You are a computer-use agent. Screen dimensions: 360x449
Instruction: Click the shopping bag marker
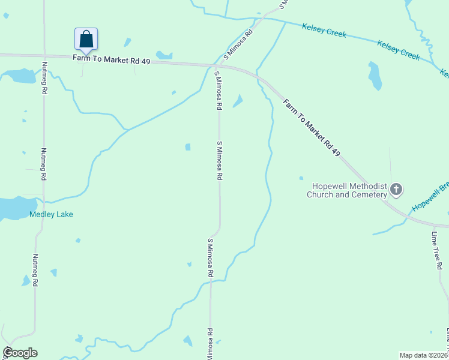(x=86, y=40)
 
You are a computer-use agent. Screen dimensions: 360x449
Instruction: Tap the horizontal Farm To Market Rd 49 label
(x=111, y=59)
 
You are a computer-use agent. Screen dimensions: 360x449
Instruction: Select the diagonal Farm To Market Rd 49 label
(x=312, y=128)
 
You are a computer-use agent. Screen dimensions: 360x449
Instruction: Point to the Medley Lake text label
(x=51, y=214)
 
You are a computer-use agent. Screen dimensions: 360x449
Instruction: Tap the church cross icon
(x=396, y=190)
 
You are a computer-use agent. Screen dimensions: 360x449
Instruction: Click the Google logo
(x=20, y=353)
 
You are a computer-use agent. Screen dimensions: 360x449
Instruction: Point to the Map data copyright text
(x=424, y=355)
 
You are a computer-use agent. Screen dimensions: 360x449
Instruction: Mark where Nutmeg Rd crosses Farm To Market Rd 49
(x=43, y=56)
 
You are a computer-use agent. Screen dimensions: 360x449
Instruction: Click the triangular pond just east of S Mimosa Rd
(x=238, y=101)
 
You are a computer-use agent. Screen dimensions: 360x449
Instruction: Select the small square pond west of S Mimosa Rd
(x=188, y=147)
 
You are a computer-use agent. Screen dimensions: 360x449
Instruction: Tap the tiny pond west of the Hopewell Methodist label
(x=301, y=178)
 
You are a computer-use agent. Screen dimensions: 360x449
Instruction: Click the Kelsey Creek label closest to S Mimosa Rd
(x=324, y=31)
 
